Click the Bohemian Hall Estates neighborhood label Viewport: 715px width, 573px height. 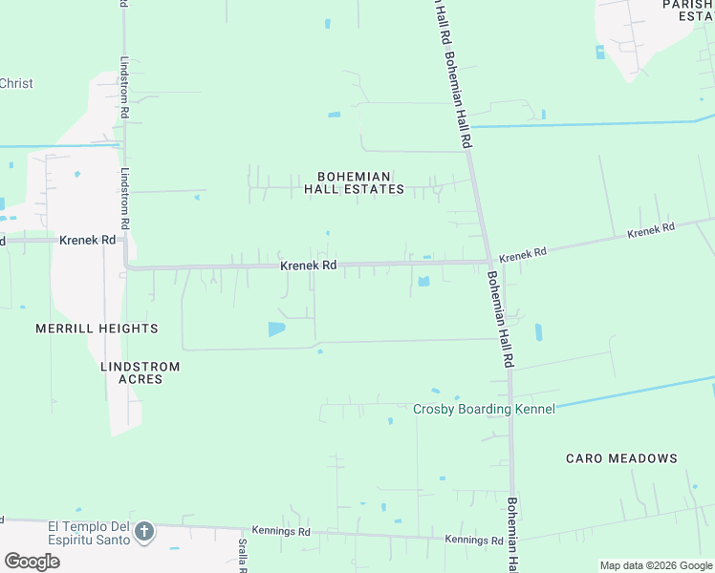coord(354,182)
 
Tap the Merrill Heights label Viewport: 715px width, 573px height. coord(97,329)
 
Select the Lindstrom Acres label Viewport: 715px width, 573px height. coord(133,372)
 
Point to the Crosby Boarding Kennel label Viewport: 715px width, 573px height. coord(484,409)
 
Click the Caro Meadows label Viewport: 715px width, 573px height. coord(621,458)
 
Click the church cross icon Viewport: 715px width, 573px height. coord(144,531)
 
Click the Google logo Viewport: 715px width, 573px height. coord(31,561)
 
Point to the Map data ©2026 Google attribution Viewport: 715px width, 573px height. coord(656,565)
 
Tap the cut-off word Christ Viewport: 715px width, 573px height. coord(16,83)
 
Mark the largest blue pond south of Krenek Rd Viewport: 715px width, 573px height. coord(276,329)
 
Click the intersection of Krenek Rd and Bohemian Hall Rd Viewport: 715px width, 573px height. coord(488,261)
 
